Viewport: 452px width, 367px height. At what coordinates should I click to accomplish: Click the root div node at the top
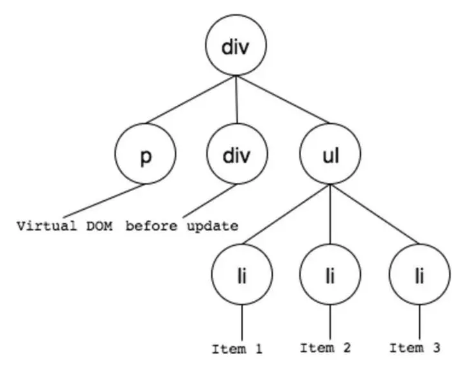pyautogui.click(x=236, y=45)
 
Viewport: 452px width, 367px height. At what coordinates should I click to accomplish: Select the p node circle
pyautogui.click(x=145, y=153)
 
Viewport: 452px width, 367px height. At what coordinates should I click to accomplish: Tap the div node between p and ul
pyautogui.click(x=237, y=153)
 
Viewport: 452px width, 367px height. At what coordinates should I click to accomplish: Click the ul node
pyautogui.click(x=330, y=153)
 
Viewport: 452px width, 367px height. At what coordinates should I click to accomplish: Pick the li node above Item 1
pyautogui.click(x=242, y=274)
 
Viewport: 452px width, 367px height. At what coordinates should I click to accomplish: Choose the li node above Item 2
pyautogui.click(x=330, y=274)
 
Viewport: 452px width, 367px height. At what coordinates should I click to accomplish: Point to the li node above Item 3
pyautogui.click(x=419, y=274)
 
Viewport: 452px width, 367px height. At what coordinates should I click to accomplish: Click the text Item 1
pyautogui.click(x=238, y=349)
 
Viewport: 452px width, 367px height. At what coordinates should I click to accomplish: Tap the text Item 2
pyautogui.click(x=326, y=348)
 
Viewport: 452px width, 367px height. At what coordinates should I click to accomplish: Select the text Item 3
pyautogui.click(x=415, y=348)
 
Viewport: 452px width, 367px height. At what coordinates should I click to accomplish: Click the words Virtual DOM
pyautogui.click(x=65, y=226)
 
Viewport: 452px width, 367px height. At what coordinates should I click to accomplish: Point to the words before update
pyautogui.click(x=182, y=226)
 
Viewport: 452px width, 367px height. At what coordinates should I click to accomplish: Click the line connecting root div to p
pyautogui.click(x=191, y=99)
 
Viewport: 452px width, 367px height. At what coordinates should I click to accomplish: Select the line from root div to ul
pyautogui.click(x=283, y=99)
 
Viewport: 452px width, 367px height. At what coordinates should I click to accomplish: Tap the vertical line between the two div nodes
pyautogui.click(x=237, y=99)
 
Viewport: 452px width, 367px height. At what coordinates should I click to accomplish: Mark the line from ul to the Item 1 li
pyautogui.click(x=286, y=214)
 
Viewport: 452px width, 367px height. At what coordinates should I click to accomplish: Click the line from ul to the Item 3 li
pyautogui.click(x=375, y=214)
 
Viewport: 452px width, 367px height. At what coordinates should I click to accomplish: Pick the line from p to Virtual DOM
pyautogui.click(x=103, y=201)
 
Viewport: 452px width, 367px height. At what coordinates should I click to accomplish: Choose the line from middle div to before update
pyautogui.click(x=209, y=201)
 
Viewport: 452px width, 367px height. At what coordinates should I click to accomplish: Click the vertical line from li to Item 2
pyautogui.click(x=330, y=322)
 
